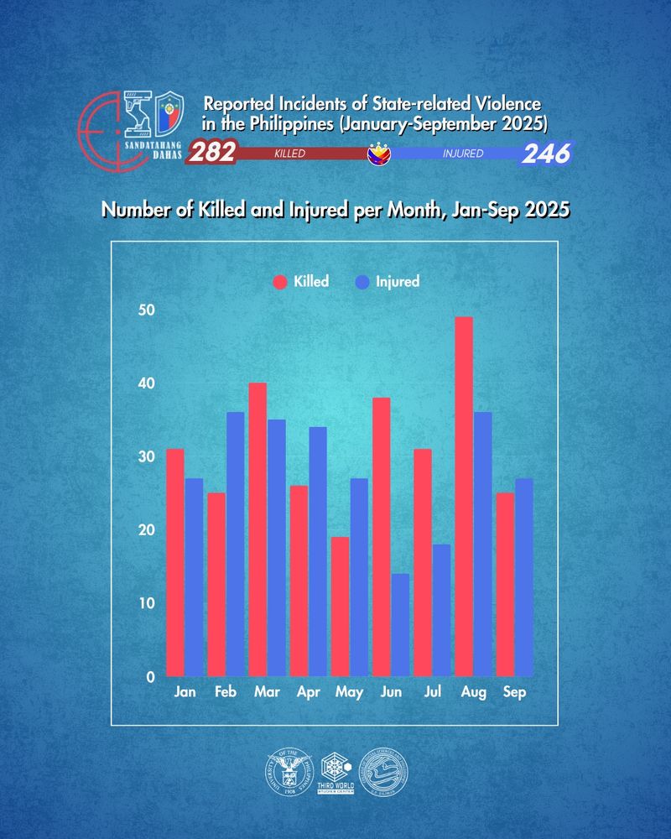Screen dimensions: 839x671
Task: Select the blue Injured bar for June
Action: point(400,625)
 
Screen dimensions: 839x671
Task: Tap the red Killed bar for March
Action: point(257,529)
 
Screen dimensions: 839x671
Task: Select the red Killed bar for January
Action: point(175,562)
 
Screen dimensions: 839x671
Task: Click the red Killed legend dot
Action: point(279,282)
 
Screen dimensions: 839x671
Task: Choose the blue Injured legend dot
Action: point(362,282)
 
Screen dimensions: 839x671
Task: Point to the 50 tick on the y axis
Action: point(147,310)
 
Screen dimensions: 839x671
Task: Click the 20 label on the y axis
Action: point(147,530)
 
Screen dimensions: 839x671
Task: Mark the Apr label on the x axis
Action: point(308,693)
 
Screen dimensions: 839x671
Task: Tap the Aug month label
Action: point(473,693)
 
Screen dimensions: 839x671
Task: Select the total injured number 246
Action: point(547,154)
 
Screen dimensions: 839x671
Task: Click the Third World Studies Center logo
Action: point(335,770)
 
